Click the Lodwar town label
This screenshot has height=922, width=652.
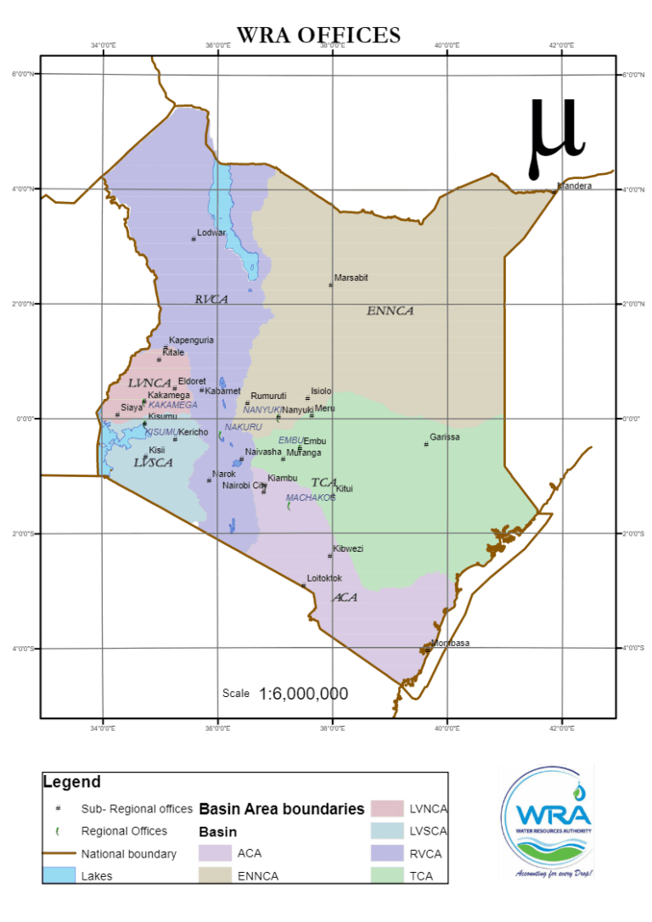point(211,233)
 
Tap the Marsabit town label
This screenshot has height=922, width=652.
point(351,278)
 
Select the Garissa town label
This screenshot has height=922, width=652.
point(445,437)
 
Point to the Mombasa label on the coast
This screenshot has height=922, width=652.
point(450,644)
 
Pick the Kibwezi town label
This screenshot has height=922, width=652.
point(348,548)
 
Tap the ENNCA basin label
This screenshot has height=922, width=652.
point(390,311)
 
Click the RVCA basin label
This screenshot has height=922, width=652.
point(211,299)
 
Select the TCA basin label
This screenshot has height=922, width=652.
point(323,482)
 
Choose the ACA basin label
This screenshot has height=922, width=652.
point(345,598)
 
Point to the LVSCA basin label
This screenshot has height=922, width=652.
point(153,463)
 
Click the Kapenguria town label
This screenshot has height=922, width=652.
point(191,340)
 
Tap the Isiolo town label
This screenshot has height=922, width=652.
point(322,391)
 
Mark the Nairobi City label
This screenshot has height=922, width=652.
point(244,486)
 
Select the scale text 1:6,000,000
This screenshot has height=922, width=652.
point(303,694)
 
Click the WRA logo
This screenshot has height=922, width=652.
point(546,821)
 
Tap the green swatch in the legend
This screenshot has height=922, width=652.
point(386,874)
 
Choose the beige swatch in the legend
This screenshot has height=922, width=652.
point(214,874)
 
